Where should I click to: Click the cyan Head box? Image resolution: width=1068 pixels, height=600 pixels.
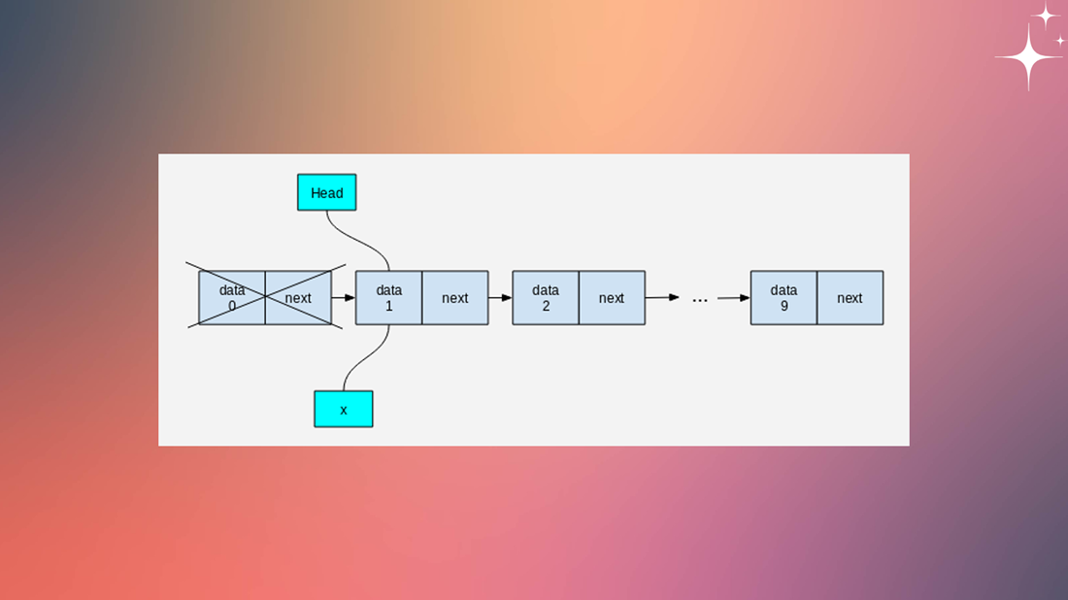click(x=327, y=192)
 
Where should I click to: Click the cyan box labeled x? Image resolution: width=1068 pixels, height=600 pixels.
click(x=344, y=409)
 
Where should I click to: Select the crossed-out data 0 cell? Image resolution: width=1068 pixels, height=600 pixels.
click(x=232, y=298)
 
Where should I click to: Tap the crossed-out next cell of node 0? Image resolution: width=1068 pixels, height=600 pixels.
click(x=298, y=298)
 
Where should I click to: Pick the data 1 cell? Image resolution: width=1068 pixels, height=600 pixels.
click(x=388, y=298)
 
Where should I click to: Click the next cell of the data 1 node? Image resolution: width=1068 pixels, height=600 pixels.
click(x=454, y=298)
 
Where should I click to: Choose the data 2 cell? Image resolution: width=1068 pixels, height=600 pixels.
click(x=546, y=298)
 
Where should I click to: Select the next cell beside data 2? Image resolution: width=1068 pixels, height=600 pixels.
click(x=612, y=298)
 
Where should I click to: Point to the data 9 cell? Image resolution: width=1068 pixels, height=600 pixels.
click(x=784, y=298)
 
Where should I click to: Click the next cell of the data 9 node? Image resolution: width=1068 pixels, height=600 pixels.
click(x=850, y=298)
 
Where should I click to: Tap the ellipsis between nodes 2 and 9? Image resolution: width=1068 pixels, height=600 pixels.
click(x=699, y=299)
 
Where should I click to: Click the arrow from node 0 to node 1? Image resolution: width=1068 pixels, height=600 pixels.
click(x=344, y=298)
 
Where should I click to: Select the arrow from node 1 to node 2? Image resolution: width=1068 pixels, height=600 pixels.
click(x=500, y=298)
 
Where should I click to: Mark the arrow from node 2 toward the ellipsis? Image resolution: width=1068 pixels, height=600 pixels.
click(x=662, y=297)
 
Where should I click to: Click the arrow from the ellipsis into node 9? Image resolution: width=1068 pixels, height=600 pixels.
click(x=734, y=298)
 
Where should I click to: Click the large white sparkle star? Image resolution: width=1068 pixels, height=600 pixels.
click(x=1028, y=57)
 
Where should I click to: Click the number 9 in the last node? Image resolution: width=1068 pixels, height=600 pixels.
click(x=784, y=306)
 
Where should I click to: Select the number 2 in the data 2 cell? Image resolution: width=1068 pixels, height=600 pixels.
click(x=546, y=306)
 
